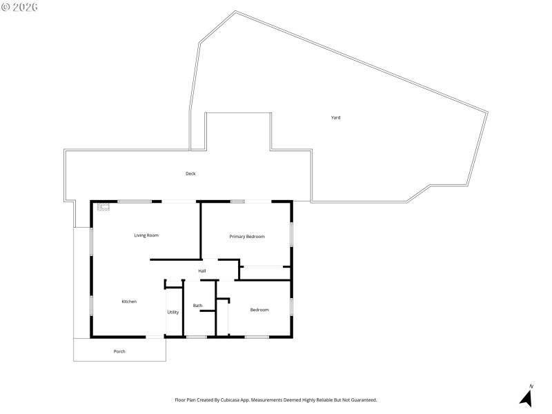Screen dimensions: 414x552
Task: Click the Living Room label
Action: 146,235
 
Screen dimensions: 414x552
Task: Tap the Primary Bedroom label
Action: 247,237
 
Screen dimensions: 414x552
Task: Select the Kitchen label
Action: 129,302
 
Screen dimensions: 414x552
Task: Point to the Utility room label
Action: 173,312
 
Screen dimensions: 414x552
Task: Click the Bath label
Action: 198,306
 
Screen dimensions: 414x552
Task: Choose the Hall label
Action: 202,270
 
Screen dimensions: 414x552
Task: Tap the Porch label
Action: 119,351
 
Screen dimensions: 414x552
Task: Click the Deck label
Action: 190,173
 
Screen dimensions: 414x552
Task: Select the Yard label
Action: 335,117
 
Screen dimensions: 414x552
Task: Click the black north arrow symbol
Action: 526,398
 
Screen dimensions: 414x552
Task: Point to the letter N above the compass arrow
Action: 531,386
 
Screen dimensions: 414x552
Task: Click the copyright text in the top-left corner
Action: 19,7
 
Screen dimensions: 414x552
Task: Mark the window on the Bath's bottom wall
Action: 197,337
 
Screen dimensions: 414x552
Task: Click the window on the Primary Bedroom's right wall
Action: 291,233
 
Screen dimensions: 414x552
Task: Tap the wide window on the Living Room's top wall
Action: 135,201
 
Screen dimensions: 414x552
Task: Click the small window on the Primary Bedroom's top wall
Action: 237,201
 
